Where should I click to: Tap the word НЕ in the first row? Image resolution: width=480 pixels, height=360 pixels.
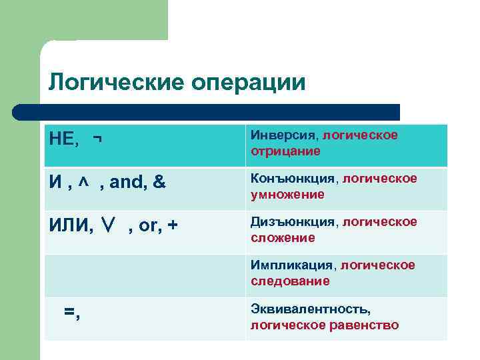pos(63,139)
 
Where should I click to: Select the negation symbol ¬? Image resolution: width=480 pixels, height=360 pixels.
pos(98,139)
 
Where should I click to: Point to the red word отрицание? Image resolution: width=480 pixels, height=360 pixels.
pos(285,151)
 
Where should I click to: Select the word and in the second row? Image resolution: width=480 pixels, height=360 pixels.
pos(124,182)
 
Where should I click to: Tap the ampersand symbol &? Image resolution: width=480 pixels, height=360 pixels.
pos(159,182)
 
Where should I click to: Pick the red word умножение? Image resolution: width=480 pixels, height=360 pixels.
pos(287,195)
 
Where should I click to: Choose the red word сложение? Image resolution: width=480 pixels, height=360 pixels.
pos(283,238)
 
